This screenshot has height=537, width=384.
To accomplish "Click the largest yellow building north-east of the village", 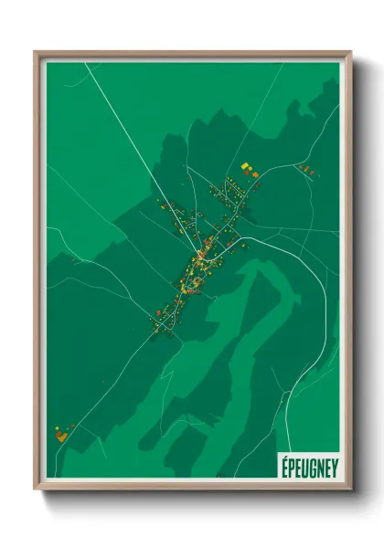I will [245, 166].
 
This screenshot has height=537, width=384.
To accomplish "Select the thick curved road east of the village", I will [302, 265].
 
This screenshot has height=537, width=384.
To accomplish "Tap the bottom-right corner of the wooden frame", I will [350, 488].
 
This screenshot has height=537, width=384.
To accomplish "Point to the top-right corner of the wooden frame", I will [350, 53].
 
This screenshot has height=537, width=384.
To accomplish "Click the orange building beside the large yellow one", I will [254, 174].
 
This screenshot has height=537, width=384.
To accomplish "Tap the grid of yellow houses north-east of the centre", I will [224, 192].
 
